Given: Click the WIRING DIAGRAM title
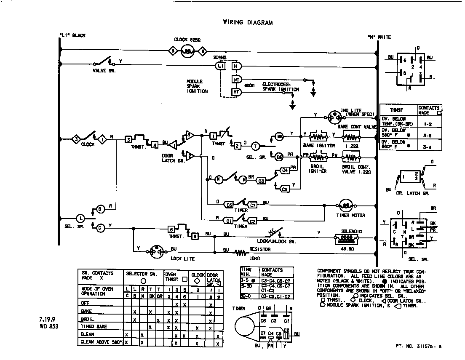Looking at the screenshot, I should [x=248, y=23].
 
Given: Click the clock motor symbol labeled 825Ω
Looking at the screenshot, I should [x=187, y=51].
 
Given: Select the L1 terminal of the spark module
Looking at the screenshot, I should [x=220, y=66].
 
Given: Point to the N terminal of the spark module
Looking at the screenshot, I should [x=236, y=66].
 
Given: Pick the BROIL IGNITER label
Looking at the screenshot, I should [x=318, y=168].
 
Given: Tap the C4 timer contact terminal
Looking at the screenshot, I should [x=285, y=170].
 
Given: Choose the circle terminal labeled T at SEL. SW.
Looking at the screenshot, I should [x=255, y=146].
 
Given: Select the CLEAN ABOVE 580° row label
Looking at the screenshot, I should [x=101, y=342].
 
